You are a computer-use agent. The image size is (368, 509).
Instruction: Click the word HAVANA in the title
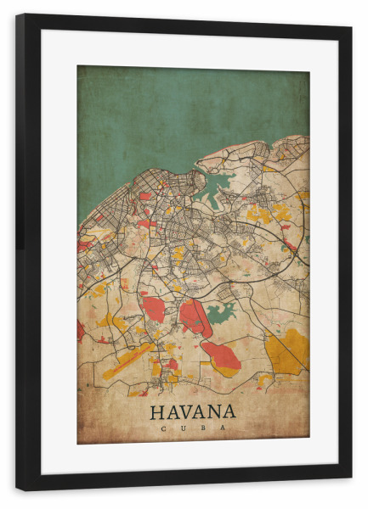pos(193,412)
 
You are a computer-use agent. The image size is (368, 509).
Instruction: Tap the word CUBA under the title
pos(193,428)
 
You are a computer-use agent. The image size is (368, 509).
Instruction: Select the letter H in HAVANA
pos(157,412)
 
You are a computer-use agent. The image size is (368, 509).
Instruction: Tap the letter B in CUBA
pos(203,428)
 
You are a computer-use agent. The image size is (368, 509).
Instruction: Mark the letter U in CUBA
pos(183,428)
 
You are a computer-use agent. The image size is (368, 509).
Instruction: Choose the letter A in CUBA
pos(224,428)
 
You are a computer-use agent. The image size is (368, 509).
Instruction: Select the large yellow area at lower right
pos(287,350)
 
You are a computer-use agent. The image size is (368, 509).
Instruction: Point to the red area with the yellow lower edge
pos(221,356)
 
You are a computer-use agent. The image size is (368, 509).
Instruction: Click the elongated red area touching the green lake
pos(194,316)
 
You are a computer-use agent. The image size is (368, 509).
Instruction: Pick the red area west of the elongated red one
pos(154,309)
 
